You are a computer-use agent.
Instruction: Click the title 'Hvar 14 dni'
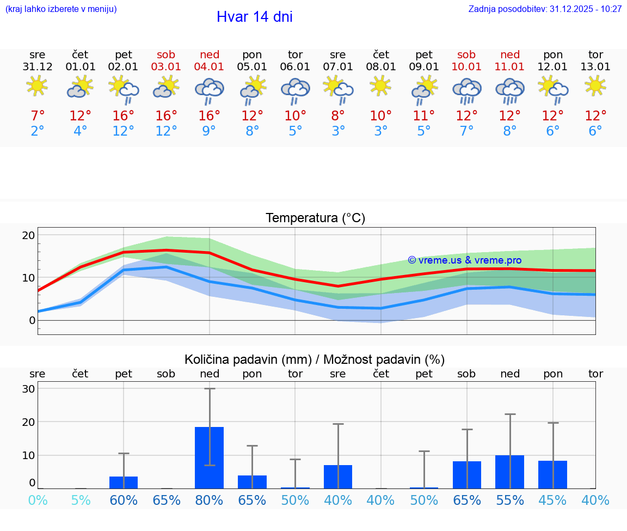(254, 17)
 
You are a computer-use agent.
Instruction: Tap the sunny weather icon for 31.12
(37, 86)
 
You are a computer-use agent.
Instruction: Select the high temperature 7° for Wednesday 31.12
(38, 116)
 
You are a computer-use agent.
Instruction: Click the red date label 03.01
(167, 67)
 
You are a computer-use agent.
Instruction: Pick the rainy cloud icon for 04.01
(210, 90)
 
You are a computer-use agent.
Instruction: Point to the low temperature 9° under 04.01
(210, 131)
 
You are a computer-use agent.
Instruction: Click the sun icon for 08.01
(380, 86)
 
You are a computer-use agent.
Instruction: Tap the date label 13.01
(595, 67)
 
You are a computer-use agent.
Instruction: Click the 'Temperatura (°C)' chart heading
(315, 218)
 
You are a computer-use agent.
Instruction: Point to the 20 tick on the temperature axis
(28, 235)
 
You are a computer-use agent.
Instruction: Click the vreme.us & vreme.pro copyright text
(464, 260)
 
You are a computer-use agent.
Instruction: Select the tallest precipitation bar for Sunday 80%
(210, 457)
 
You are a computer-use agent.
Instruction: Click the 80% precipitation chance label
(210, 500)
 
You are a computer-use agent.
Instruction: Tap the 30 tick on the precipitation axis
(28, 389)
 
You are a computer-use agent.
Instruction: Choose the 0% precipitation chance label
(38, 500)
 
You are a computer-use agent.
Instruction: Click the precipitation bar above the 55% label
(510, 472)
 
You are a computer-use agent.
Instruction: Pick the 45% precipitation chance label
(552, 500)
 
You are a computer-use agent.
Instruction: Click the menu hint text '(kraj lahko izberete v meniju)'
(61, 9)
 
